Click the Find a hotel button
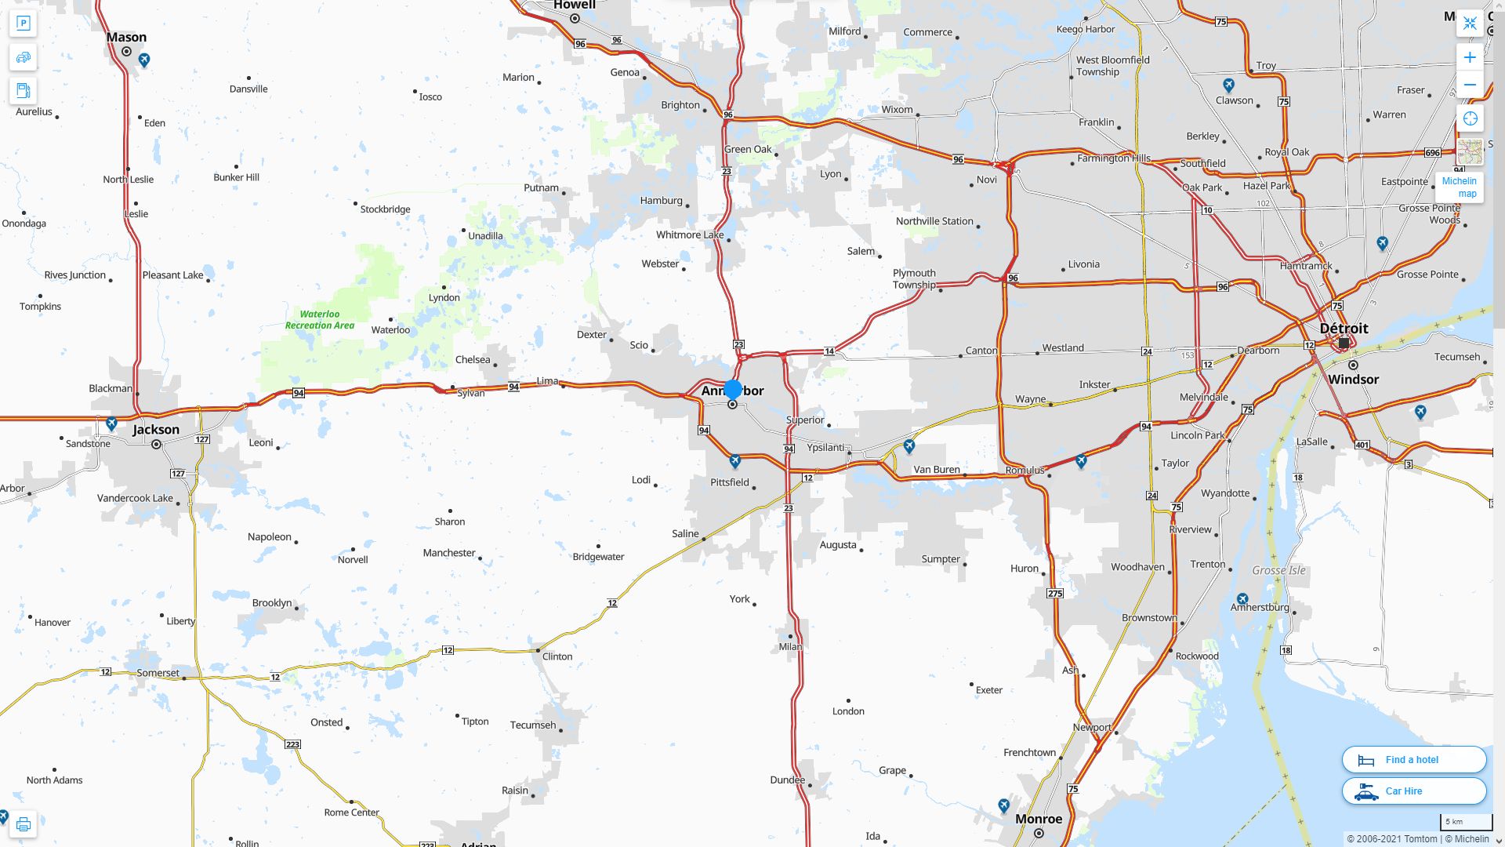click(1413, 759)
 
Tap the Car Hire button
click(1413, 791)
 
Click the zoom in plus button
click(1470, 57)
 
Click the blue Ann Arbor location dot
click(733, 389)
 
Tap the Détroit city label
click(1344, 328)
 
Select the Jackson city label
click(156, 429)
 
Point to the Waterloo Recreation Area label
click(319, 319)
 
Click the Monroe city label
click(1039, 818)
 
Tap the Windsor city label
click(1353, 379)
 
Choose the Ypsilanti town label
click(825, 447)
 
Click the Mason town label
click(126, 37)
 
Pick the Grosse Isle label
click(1278, 570)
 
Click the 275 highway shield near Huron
click(1055, 593)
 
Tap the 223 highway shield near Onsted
click(292, 744)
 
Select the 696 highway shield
click(1433, 152)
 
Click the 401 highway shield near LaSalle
click(1362, 445)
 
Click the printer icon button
click(23, 823)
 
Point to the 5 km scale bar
click(1465, 822)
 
